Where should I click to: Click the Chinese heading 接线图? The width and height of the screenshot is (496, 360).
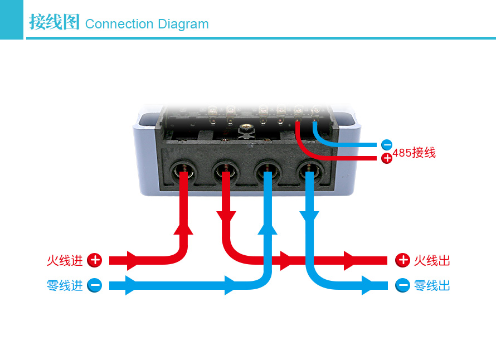click(x=54, y=23)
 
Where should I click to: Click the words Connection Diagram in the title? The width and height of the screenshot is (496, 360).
click(x=147, y=24)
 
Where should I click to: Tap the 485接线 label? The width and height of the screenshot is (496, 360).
click(x=414, y=153)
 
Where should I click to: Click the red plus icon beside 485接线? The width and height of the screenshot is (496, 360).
click(x=387, y=158)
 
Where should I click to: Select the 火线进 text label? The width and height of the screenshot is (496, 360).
click(x=65, y=260)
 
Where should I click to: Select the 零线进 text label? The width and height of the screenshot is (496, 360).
click(x=65, y=286)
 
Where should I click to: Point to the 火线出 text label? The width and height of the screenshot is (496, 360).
click(x=432, y=260)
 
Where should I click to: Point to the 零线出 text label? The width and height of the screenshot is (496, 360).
click(x=432, y=286)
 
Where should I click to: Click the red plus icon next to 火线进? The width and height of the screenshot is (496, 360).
click(x=95, y=260)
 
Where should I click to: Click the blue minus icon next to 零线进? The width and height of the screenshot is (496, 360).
click(x=95, y=286)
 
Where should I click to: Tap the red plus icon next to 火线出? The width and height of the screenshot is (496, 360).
click(x=402, y=260)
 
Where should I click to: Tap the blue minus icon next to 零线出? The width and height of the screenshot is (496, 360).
click(x=402, y=286)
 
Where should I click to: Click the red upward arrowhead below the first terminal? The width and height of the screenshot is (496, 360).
click(x=183, y=227)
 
